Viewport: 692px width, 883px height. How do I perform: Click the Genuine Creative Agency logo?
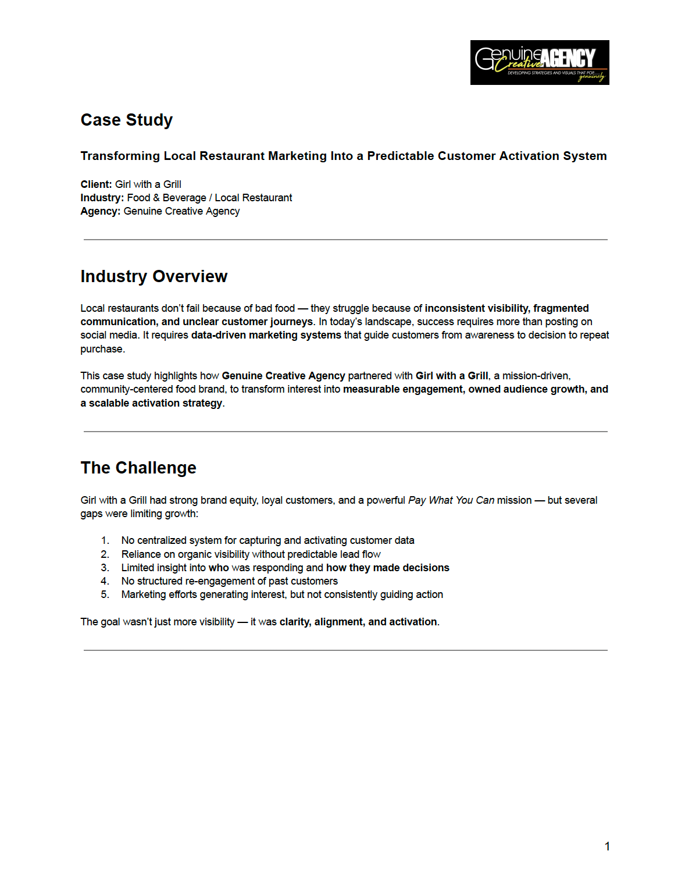tap(540, 62)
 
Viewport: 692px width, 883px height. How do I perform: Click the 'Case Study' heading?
tap(127, 120)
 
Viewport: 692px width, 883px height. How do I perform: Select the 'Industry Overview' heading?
tap(154, 276)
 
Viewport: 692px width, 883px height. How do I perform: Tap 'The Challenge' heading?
tap(138, 468)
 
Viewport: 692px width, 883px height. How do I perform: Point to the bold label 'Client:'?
tap(96, 184)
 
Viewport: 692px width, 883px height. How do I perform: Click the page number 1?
tap(607, 846)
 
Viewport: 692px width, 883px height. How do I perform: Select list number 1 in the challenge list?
tap(105, 540)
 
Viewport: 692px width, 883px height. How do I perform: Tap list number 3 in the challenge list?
tap(105, 568)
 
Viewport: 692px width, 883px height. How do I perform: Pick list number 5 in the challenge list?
tap(105, 594)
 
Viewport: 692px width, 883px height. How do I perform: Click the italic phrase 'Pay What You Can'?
tap(451, 500)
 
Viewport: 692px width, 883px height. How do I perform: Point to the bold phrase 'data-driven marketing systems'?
tap(266, 335)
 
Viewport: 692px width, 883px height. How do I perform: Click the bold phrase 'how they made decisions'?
tap(388, 568)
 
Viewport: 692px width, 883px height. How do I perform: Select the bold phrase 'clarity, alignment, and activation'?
tap(358, 622)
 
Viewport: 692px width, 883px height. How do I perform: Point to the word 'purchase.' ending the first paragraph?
tap(103, 349)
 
